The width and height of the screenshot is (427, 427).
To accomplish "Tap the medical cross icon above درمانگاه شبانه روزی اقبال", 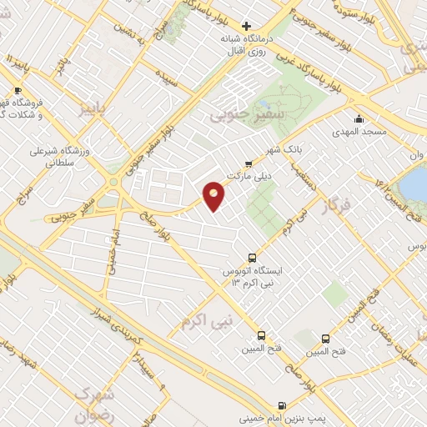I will pyautogui.click(x=246, y=26).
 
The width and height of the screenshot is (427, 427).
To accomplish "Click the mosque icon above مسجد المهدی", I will pyautogui.click(x=359, y=118).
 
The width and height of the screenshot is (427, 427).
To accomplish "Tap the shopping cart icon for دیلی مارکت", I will pyautogui.click(x=248, y=163).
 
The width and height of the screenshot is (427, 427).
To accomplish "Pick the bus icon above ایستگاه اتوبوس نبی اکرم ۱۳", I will pyautogui.click(x=253, y=259).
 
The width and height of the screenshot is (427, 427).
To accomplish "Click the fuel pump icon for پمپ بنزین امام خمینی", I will pyautogui.click(x=282, y=407).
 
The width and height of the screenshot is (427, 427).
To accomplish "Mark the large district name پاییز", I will pyautogui.click(x=87, y=110).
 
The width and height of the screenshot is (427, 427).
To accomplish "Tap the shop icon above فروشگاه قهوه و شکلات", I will pyautogui.click(x=18, y=90).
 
